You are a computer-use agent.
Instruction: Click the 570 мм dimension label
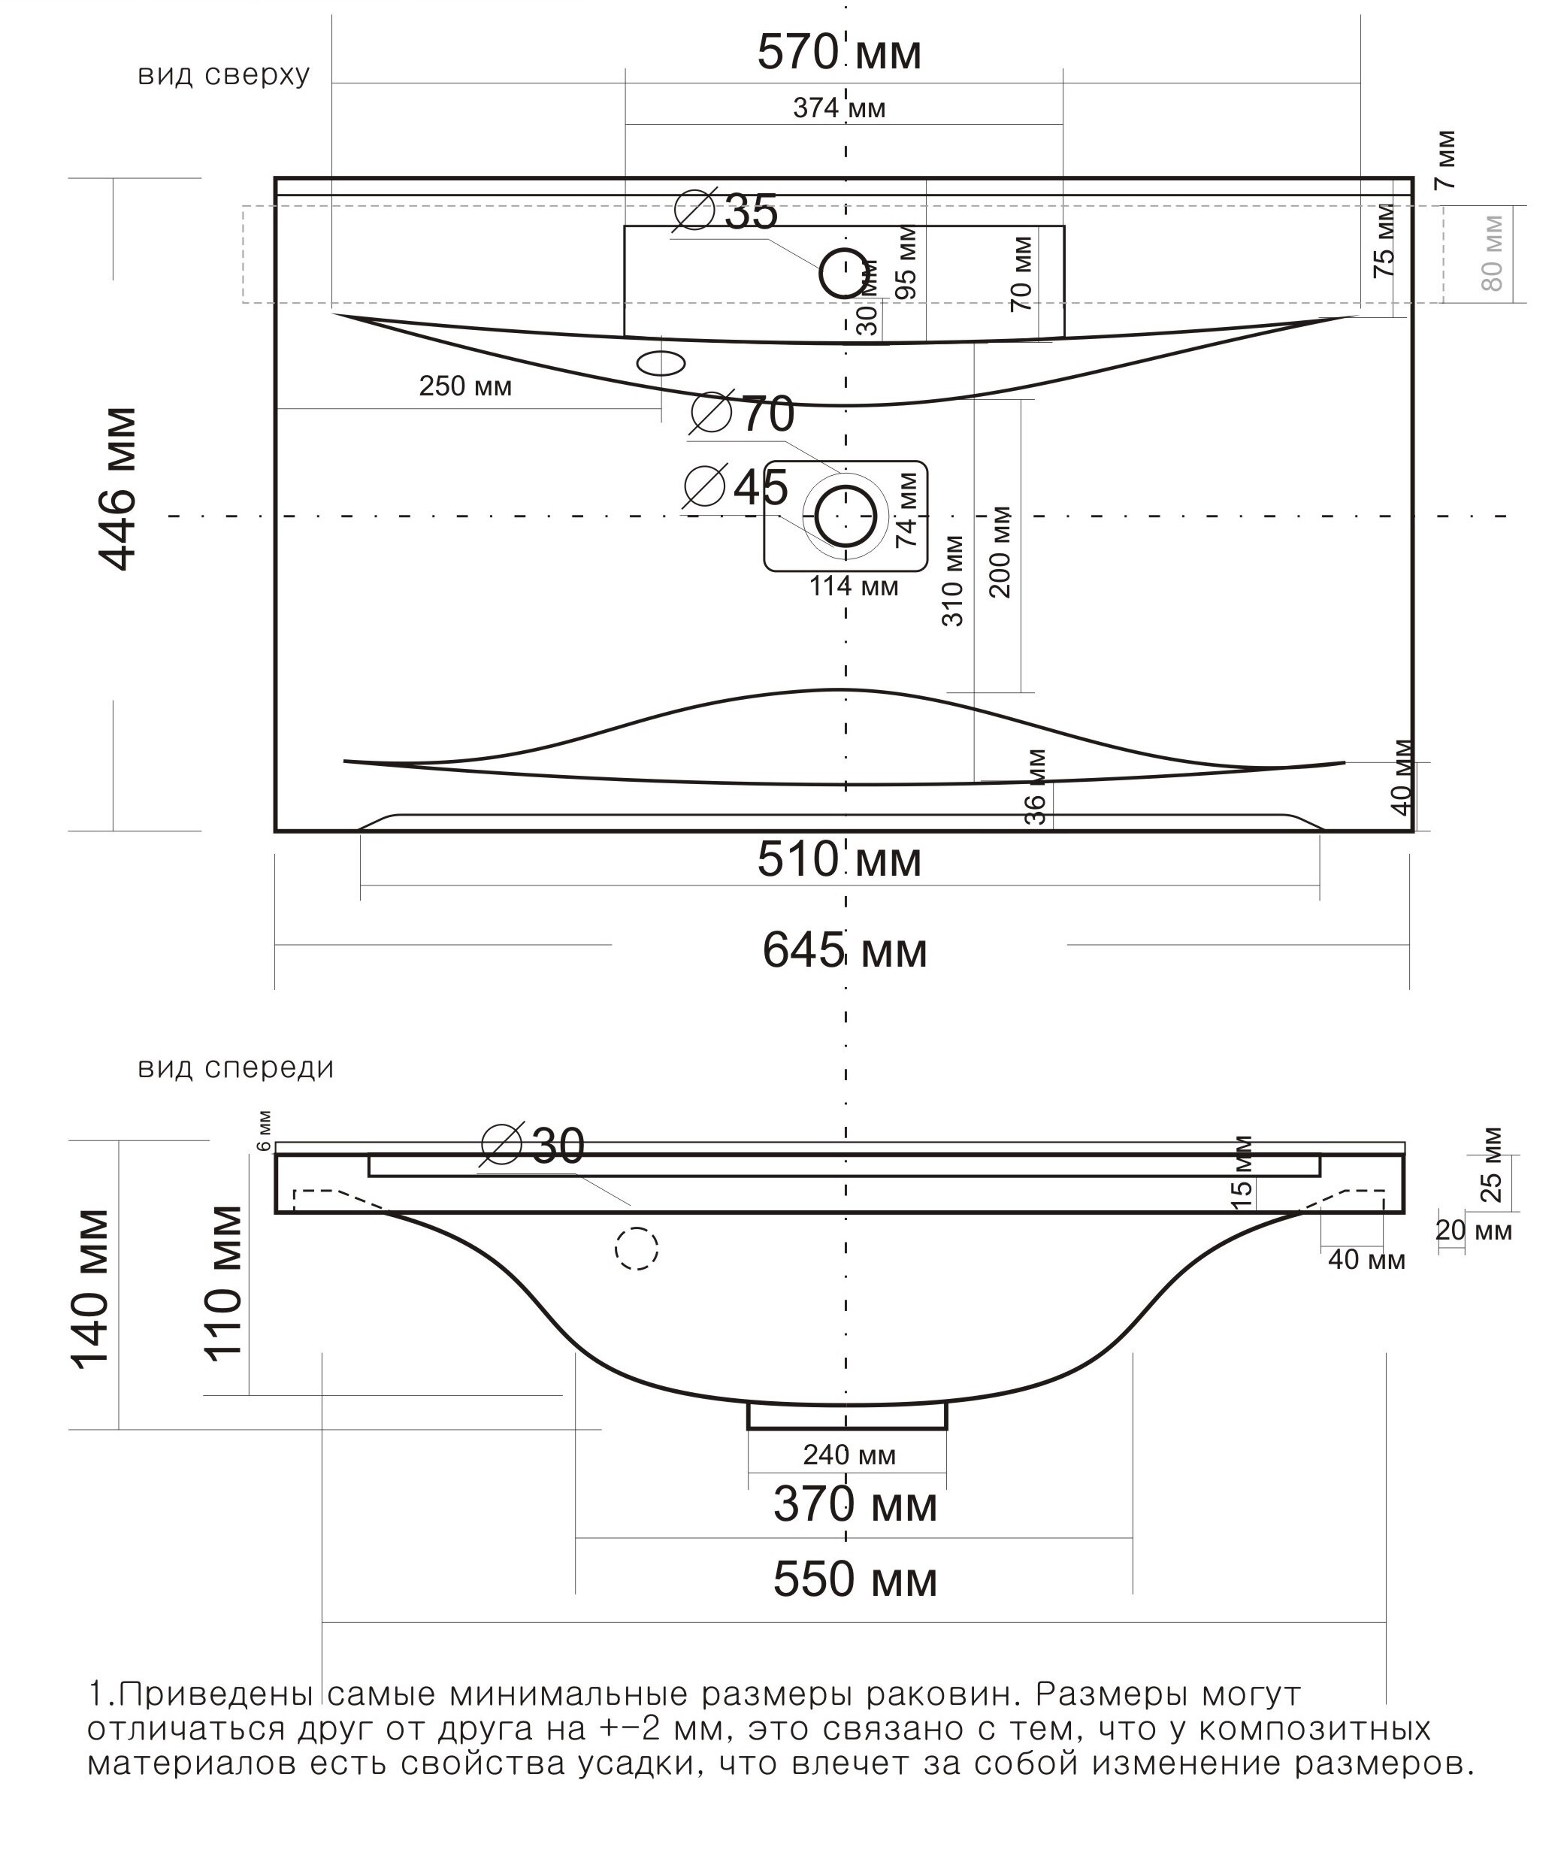(839, 53)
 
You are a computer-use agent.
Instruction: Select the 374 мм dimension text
(839, 108)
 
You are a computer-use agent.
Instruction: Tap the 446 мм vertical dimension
(117, 489)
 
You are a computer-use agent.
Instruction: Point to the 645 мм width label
(844, 951)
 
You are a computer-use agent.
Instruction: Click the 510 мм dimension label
(839, 860)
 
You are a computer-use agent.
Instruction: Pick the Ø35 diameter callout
(725, 211)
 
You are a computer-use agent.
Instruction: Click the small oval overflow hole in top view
(661, 363)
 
